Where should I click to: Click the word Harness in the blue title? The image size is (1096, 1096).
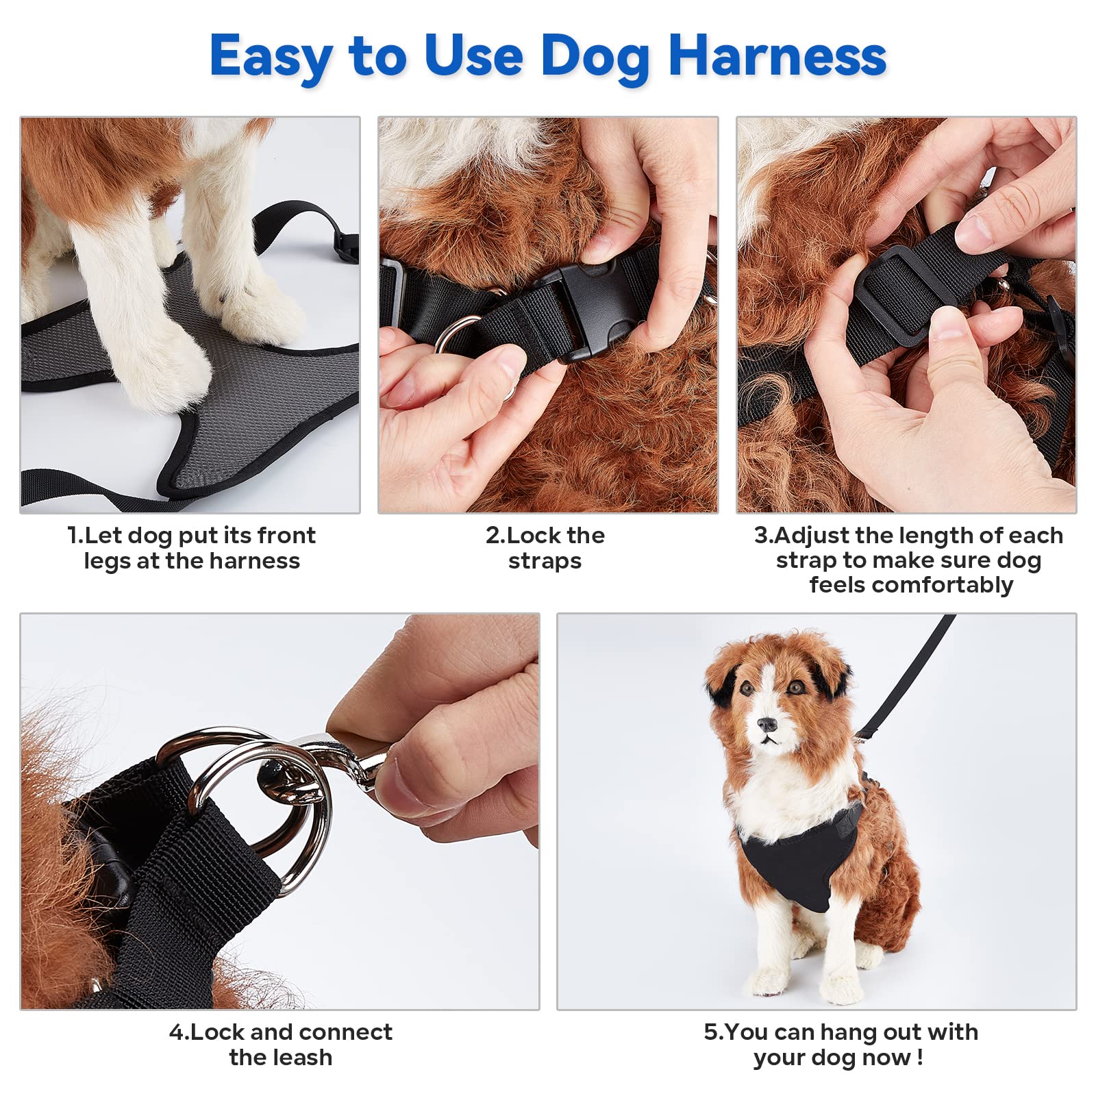tap(777, 55)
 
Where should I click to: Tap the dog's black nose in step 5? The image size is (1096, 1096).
tap(767, 724)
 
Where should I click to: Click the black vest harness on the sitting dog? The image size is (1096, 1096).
tap(798, 856)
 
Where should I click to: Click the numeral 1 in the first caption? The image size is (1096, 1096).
tap(73, 535)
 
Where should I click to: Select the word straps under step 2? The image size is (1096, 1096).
tap(545, 561)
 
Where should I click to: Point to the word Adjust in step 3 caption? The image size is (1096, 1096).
tap(812, 535)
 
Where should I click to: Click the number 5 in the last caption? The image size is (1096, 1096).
tap(710, 1032)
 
